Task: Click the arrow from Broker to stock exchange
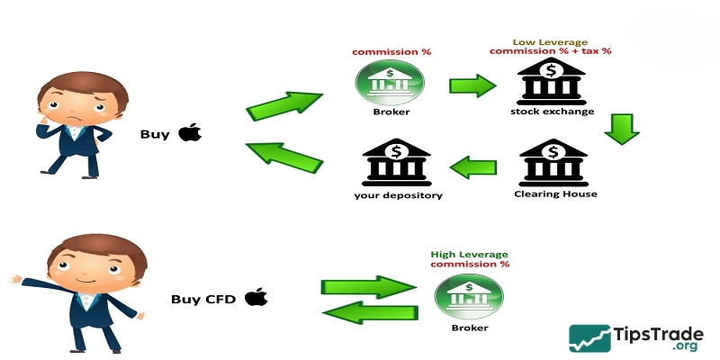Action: click(x=472, y=87)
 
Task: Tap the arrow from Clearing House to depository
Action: click(x=472, y=166)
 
